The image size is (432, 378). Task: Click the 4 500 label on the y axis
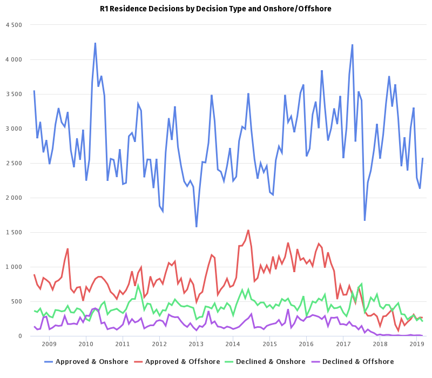pyautogui.click(x=13, y=25)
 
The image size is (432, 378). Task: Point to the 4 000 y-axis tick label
pyautogui.click(x=13, y=59)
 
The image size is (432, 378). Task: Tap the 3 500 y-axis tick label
pyautogui.click(x=13, y=94)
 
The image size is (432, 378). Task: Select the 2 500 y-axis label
pyautogui.click(x=13, y=163)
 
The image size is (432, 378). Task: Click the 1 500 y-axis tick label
pyautogui.click(x=13, y=232)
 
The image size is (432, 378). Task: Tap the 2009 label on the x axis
pyautogui.click(x=49, y=344)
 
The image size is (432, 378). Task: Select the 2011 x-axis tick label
pyautogui.click(x=123, y=344)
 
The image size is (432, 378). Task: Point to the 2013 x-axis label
pyautogui.click(x=196, y=344)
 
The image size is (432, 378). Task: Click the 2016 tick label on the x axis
pyautogui.click(x=306, y=344)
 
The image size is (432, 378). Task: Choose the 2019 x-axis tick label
pyautogui.click(x=416, y=344)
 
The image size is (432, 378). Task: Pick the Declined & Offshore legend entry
pyautogui.click(x=358, y=362)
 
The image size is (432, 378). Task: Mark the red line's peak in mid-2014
pyautogui.click(x=248, y=231)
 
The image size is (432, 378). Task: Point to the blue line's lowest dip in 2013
pyautogui.click(x=197, y=226)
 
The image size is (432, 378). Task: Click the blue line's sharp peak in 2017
pyautogui.click(x=352, y=45)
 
